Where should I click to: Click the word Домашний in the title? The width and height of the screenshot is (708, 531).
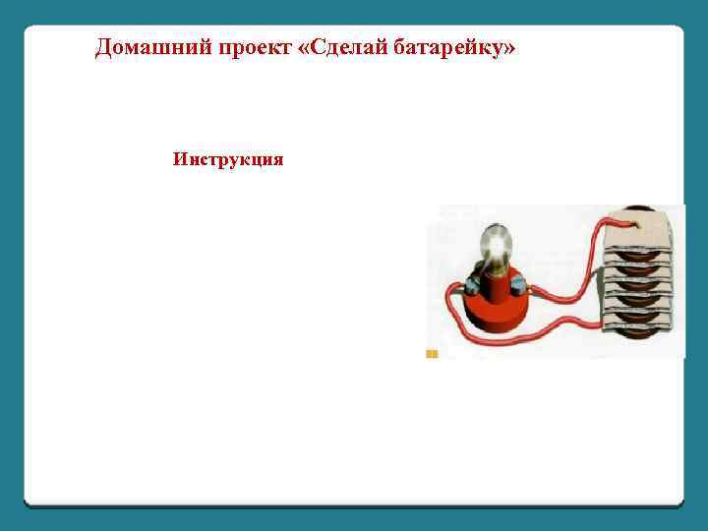[145, 49]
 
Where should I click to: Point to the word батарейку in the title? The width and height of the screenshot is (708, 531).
[453, 49]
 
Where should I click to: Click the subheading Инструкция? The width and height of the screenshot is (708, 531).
[228, 159]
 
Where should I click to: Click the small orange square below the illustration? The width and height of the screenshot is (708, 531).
[431, 352]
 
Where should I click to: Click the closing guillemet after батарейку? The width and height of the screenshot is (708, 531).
[507, 49]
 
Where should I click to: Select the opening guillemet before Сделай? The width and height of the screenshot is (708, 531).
[301, 49]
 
